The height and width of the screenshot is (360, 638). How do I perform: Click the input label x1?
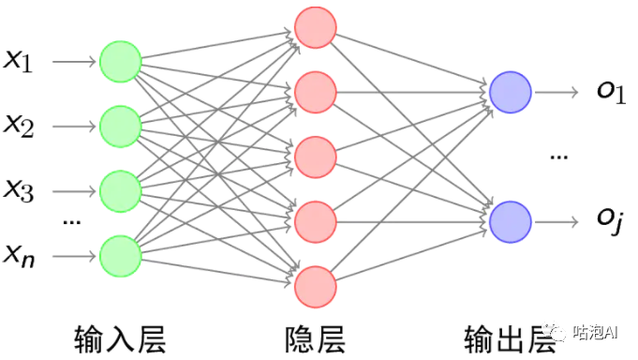[18, 62]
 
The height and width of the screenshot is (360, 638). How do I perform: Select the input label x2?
[19, 126]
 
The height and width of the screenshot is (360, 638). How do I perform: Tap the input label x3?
[19, 190]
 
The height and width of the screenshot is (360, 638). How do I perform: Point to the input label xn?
[19, 256]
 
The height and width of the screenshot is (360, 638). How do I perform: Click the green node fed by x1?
[121, 62]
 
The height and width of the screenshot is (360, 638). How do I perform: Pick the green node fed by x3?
[121, 191]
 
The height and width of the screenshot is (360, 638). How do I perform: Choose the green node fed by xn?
[121, 256]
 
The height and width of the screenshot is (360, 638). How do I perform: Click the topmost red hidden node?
[316, 27]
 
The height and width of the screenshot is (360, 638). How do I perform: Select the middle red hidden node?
[316, 157]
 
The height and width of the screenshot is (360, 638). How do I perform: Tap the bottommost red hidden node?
[316, 287]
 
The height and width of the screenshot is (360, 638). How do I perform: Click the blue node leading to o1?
[511, 93]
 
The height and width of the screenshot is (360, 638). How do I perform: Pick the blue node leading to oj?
[511, 222]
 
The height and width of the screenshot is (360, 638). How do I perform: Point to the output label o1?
[611, 92]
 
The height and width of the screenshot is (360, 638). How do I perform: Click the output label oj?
[610, 220]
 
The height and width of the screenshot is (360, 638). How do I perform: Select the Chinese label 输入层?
[121, 339]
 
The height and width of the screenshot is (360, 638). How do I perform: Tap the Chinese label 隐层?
[316, 339]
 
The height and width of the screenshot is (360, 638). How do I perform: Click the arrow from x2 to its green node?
[74, 127]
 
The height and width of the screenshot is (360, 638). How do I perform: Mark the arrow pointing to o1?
[556, 93]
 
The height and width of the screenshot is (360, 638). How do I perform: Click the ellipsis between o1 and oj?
[559, 157]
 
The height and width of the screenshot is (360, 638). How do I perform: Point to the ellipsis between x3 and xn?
[71, 222]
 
